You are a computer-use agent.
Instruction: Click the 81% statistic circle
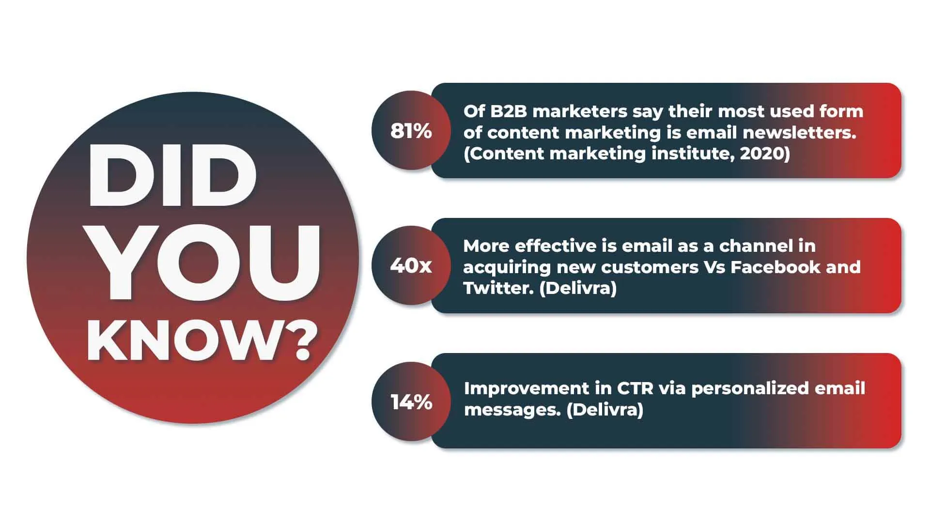tap(411, 131)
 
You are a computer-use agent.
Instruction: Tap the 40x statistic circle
tap(411, 265)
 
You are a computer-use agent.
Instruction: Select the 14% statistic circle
tap(411, 402)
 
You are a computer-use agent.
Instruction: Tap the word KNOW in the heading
tap(186, 341)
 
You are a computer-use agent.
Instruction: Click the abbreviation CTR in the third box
tap(635, 388)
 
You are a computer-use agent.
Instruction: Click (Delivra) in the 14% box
tap(604, 410)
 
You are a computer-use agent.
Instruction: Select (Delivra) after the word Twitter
tap(578, 288)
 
